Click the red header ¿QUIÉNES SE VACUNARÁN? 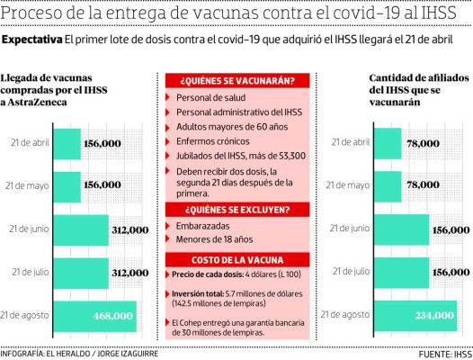pyautogui.click(x=236, y=80)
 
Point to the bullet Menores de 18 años pyautogui.click(x=214, y=240)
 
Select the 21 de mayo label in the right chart pyautogui.click(x=352, y=185)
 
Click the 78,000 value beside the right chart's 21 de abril pyautogui.click(x=424, y=143)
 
